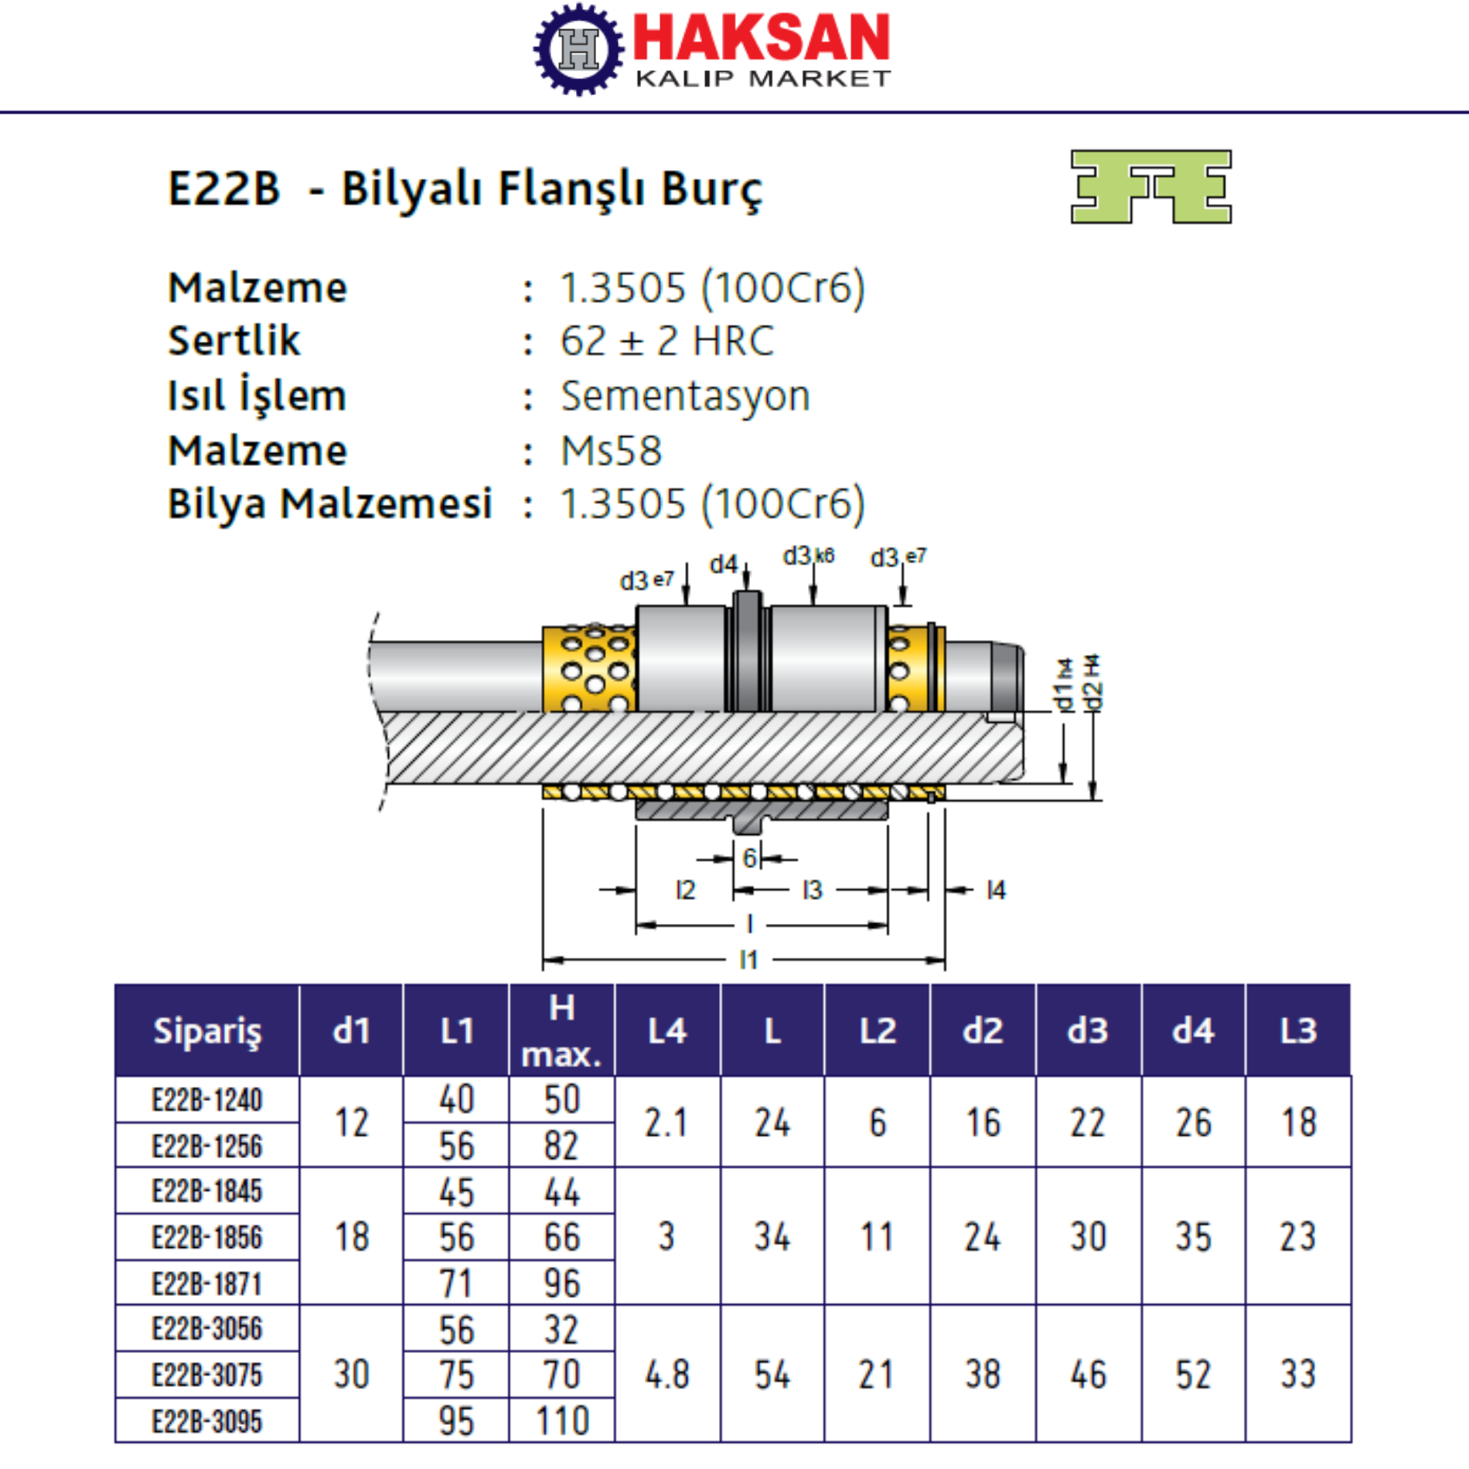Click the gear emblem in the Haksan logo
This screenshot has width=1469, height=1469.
578,49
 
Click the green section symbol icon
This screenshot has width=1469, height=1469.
1150,187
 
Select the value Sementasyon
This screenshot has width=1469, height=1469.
685,396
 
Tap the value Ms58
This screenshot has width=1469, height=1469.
611,451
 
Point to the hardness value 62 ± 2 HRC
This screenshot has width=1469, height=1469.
666,341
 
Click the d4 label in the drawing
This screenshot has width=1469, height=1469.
724,564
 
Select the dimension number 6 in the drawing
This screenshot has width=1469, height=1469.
748,857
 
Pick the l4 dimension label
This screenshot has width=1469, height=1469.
996,890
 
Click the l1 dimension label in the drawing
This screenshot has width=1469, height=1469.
748,959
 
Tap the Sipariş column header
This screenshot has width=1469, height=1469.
207,1031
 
